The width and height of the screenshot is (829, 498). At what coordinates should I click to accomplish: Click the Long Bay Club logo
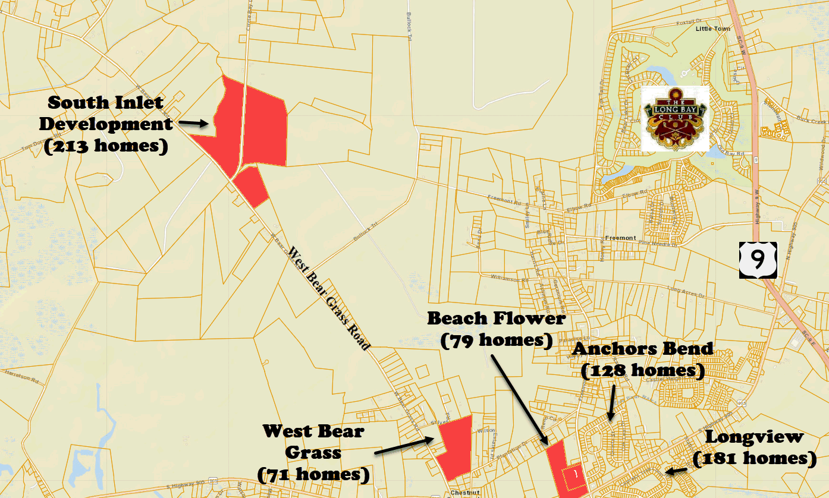[674, 118]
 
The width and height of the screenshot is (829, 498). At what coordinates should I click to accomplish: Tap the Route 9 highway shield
[758, 259]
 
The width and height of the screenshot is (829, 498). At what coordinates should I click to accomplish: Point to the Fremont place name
[620, 238]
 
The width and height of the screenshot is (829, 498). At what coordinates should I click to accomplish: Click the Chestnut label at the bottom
[464, 492]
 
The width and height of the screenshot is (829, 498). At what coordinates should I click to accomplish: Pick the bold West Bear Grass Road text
[328, 297]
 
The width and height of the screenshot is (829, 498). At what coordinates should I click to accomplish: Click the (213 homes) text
[106, 146]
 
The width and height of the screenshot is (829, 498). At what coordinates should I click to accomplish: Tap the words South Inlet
[105, 102]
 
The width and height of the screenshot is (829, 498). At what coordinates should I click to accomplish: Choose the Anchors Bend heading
[642, 349]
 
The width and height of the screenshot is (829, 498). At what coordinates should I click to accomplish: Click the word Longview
[754, 437]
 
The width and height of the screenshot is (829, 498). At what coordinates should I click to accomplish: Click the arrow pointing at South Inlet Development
[193, 123]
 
